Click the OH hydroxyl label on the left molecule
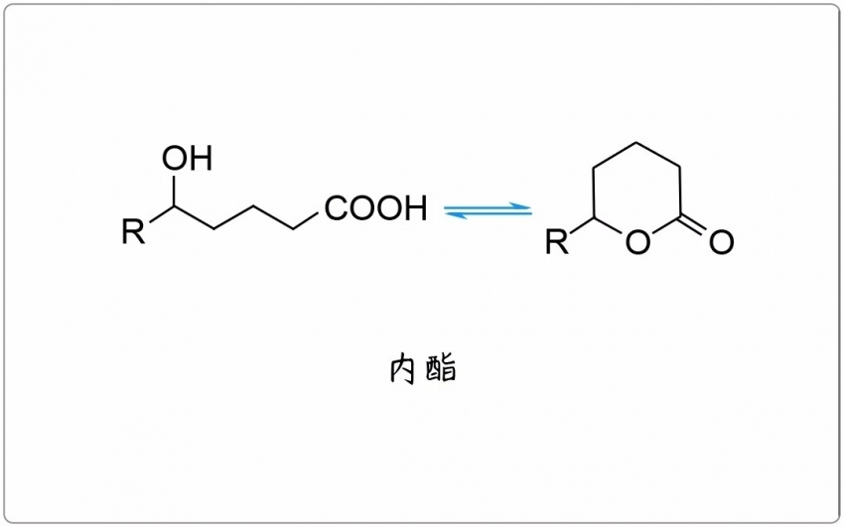(x=188, y=158)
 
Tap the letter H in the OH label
(x=202, y=158)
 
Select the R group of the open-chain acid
(x=133, y=231)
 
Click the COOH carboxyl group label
(x=376, y=208)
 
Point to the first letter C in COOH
(x=336, y=208)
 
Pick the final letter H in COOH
(x=417, y=208)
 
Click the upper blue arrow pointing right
(x=488, y=207)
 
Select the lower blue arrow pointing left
(x=488, y=214)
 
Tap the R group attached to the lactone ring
(x=557, y=241)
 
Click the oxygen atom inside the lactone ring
(x=637, y=241)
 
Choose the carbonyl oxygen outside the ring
(x=721, y=241)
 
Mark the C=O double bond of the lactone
(x=694, y=225)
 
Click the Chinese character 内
(x=402, y=369)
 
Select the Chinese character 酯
(x=441, y=368)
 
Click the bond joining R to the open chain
(x=162, y=214)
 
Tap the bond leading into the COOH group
(x=306, y=221)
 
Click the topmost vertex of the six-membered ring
(x=636, y=143)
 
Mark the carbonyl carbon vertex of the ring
(x=680, y=216)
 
